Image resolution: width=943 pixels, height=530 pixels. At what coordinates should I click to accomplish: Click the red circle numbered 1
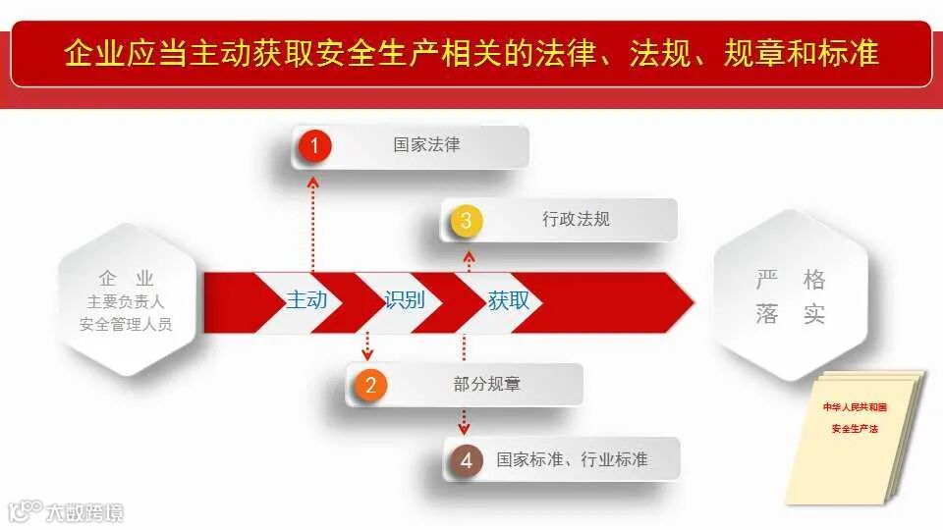click(x=314, y=147)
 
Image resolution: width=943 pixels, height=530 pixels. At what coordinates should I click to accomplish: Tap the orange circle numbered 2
click(x=369, y=385)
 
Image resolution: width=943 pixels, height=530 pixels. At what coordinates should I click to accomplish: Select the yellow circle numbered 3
click(x=466, y=221)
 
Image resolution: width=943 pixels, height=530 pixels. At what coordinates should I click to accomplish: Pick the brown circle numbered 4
click(x=466, y=459)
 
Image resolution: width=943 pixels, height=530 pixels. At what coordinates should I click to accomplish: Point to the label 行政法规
click(x=576, y=219)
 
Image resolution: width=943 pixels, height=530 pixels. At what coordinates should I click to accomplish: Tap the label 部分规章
click(x=486, y=384)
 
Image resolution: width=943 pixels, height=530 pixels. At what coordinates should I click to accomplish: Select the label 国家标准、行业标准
click(x=572, y=458)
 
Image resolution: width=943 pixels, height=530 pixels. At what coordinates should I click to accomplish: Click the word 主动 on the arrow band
click(x=306, y=300)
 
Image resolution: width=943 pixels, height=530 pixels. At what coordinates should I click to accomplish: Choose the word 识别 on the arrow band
click(x=405, y=300)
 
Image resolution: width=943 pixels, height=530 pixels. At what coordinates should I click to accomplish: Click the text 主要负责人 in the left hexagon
click(x=126, y=302)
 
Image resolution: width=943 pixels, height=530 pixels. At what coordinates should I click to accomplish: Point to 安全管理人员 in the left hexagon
click(x=126, y=324)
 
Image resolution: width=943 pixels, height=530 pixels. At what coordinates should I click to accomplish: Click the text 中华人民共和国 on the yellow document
click(x=855, y=406)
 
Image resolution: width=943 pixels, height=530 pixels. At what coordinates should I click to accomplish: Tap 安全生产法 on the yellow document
click(x=855, y=429)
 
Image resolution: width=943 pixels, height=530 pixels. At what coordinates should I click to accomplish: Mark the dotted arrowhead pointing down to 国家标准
click(x=465, y=428)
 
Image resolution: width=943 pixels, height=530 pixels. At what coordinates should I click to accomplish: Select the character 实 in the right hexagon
click(x=813, y=314)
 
